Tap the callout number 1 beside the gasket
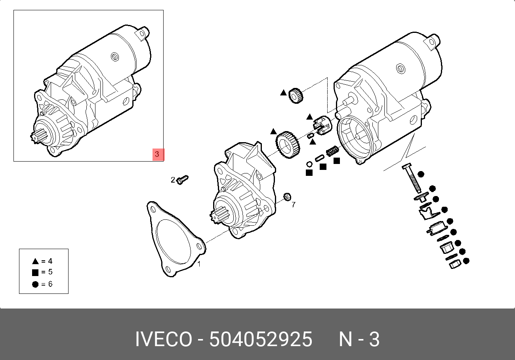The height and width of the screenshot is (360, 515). [x=199, y=264]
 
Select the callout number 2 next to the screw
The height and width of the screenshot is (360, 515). [x=173, y=180]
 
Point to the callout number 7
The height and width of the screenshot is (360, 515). [x=294, y=205]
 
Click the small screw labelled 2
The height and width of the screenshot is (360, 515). [x=183, y=180]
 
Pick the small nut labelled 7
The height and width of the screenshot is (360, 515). [x=287, y=196]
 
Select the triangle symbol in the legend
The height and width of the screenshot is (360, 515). [x=35, y=261]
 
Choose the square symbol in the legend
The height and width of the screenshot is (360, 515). [x=35, y=272]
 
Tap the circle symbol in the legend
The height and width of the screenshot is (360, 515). [x=35, y=284]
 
